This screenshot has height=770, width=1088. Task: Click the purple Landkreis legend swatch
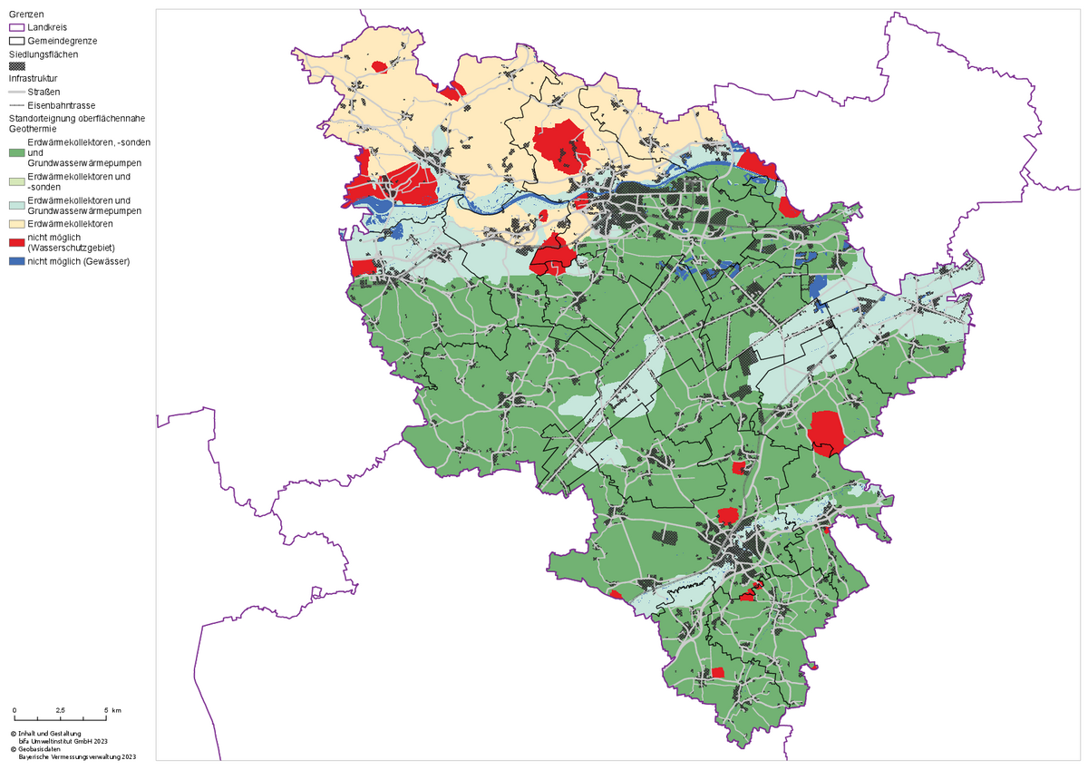[17, 28]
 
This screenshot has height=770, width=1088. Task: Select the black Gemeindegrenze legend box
[17, 41]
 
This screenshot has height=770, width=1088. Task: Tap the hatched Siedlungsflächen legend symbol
[17, 66]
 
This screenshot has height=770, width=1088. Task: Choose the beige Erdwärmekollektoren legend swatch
[17, 223]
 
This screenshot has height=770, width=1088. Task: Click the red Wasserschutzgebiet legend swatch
[17, 242]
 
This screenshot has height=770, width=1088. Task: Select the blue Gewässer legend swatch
[17, 261]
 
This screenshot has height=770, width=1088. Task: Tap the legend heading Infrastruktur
[33, 78]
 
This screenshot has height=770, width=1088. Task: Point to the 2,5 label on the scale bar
[60, 709]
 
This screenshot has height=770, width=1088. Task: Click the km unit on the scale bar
[117, 709]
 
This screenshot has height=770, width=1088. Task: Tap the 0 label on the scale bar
[15, 709]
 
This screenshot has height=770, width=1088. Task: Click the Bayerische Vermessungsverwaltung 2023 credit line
[77, 757]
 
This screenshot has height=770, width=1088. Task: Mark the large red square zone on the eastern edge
[825, 429]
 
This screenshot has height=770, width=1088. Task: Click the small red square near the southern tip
[717, 672]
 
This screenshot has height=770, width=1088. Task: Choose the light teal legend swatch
[17, 204]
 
